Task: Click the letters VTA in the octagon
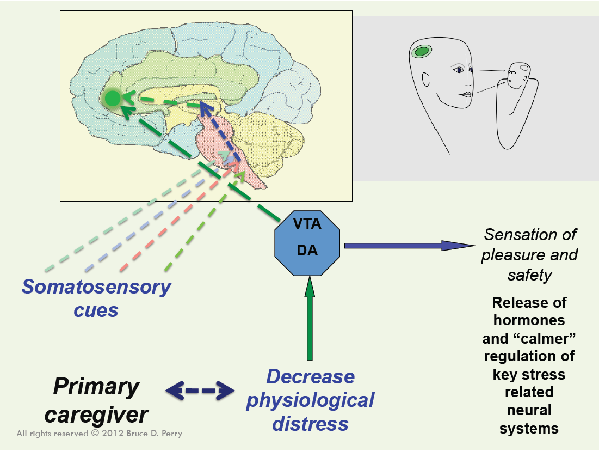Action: tap(308, 223)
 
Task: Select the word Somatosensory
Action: tap(96, 287)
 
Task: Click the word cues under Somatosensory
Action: tap(96, 310)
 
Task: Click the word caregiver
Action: tap(96, 415)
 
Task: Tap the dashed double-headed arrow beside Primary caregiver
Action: tap(200, 391)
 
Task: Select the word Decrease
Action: tap(310, 376)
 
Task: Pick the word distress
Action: tap(310, 423)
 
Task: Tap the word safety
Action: tap(529, 275)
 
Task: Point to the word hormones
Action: tap(529, 320)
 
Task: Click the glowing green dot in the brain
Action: tap(113, 99)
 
